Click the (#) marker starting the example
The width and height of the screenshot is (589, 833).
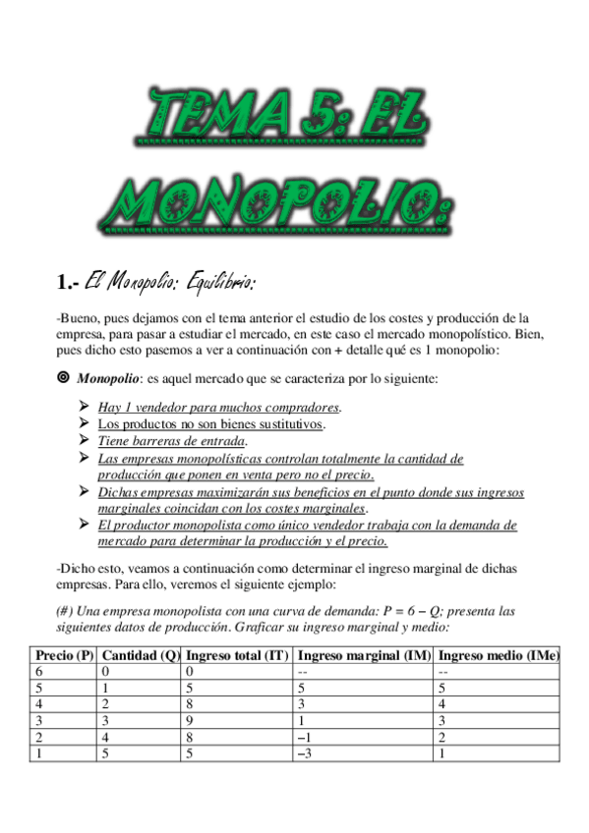(x=66, y=610)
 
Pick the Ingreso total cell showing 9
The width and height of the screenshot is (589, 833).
(x=189, y=720)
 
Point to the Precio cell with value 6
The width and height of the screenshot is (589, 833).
(x=38, y=671)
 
